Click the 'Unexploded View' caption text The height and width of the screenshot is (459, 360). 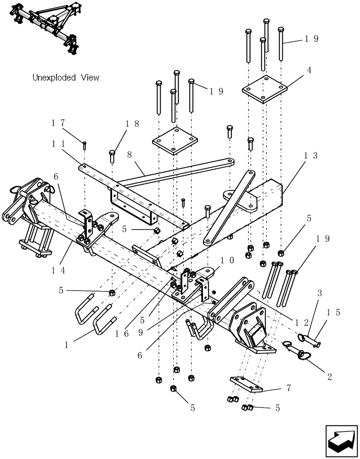point(66,78)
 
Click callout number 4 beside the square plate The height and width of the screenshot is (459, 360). point(309,70)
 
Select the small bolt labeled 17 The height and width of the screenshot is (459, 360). point(85,146)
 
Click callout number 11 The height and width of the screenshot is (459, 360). point(58,143)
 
